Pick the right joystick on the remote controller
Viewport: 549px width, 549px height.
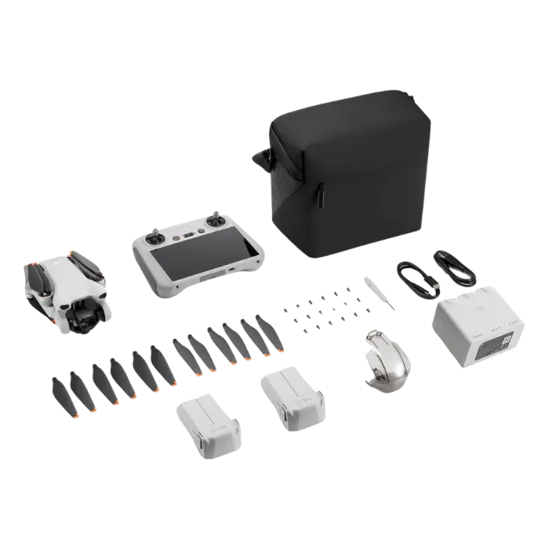click(216, 219)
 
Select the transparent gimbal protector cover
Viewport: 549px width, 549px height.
click(389, 360)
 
